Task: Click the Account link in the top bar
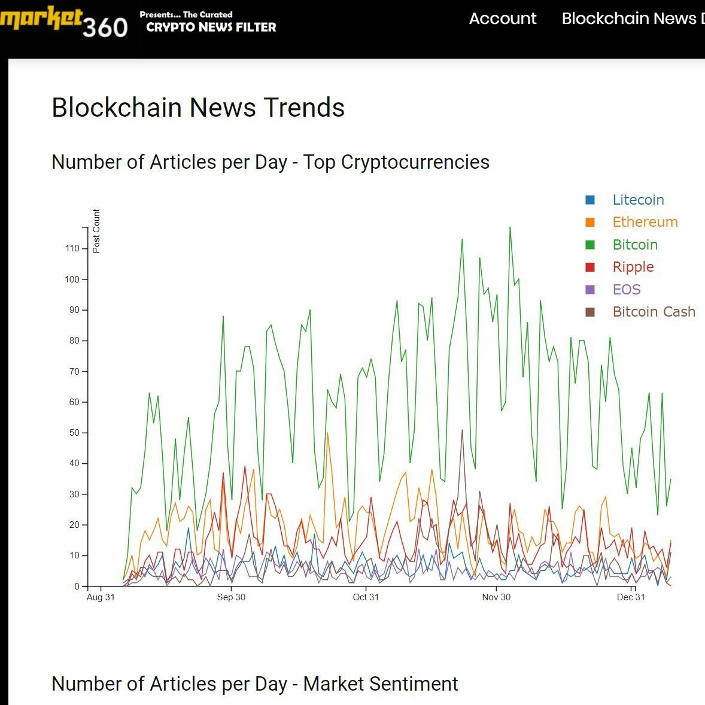click(x=502, y=19)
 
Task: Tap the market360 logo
click(x=63, y=23)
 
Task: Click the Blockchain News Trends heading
click(x=198, y=108)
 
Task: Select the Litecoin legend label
click(x=638, y=200)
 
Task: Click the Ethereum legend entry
click(x=645, y=222)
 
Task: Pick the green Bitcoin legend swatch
click(x=590, y=245)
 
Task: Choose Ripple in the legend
click(x=633, y=267)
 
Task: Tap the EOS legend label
click(x=626, y=290)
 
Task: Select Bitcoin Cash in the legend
click(x=654, y=312)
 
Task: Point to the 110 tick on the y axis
click(x=72, y=248)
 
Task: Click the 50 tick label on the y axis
click(x=74, y=433)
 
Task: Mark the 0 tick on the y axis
click(x=77, y=587)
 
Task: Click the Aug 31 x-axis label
click(x=101, y=597)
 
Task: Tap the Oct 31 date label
click(x=366, y=597)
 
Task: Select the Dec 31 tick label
click(x=631, y=597)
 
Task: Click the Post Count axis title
click(x=97, y=231)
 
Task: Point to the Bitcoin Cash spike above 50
click(x=462, y=430)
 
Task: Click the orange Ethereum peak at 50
click(x=327, y=433)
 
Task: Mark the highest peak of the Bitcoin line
click(x=510, y=227)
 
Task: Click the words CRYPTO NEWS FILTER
click(x=211, y=27)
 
